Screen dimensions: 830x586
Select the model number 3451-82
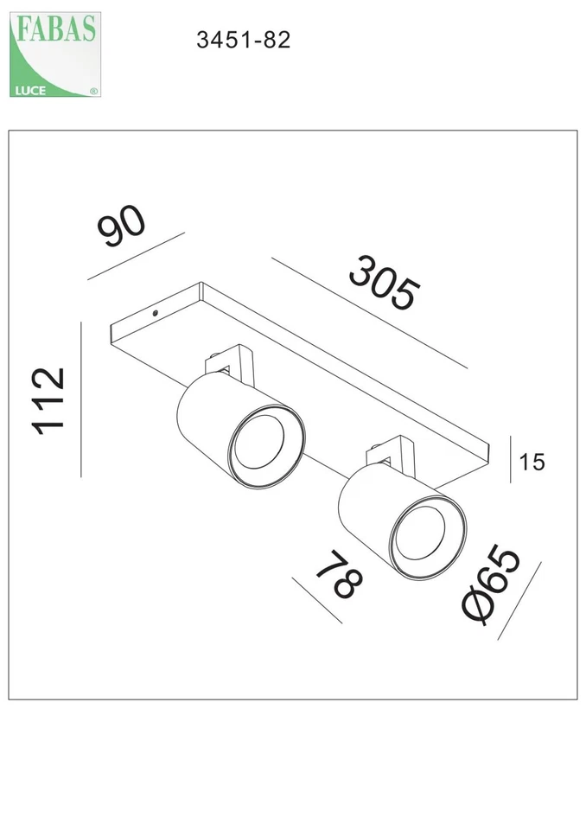pos(243,40)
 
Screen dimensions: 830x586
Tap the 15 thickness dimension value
pos(532,463)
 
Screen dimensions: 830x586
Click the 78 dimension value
pos(337,574)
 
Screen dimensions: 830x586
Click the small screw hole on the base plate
pos(156,312)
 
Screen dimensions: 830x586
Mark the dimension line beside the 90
pos(136,257)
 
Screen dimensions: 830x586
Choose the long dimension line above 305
pos(369,313)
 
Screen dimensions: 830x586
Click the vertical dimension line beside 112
pos(81,399)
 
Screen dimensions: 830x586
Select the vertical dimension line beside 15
pos(510,457)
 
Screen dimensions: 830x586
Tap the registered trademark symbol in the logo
pos(93,90)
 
